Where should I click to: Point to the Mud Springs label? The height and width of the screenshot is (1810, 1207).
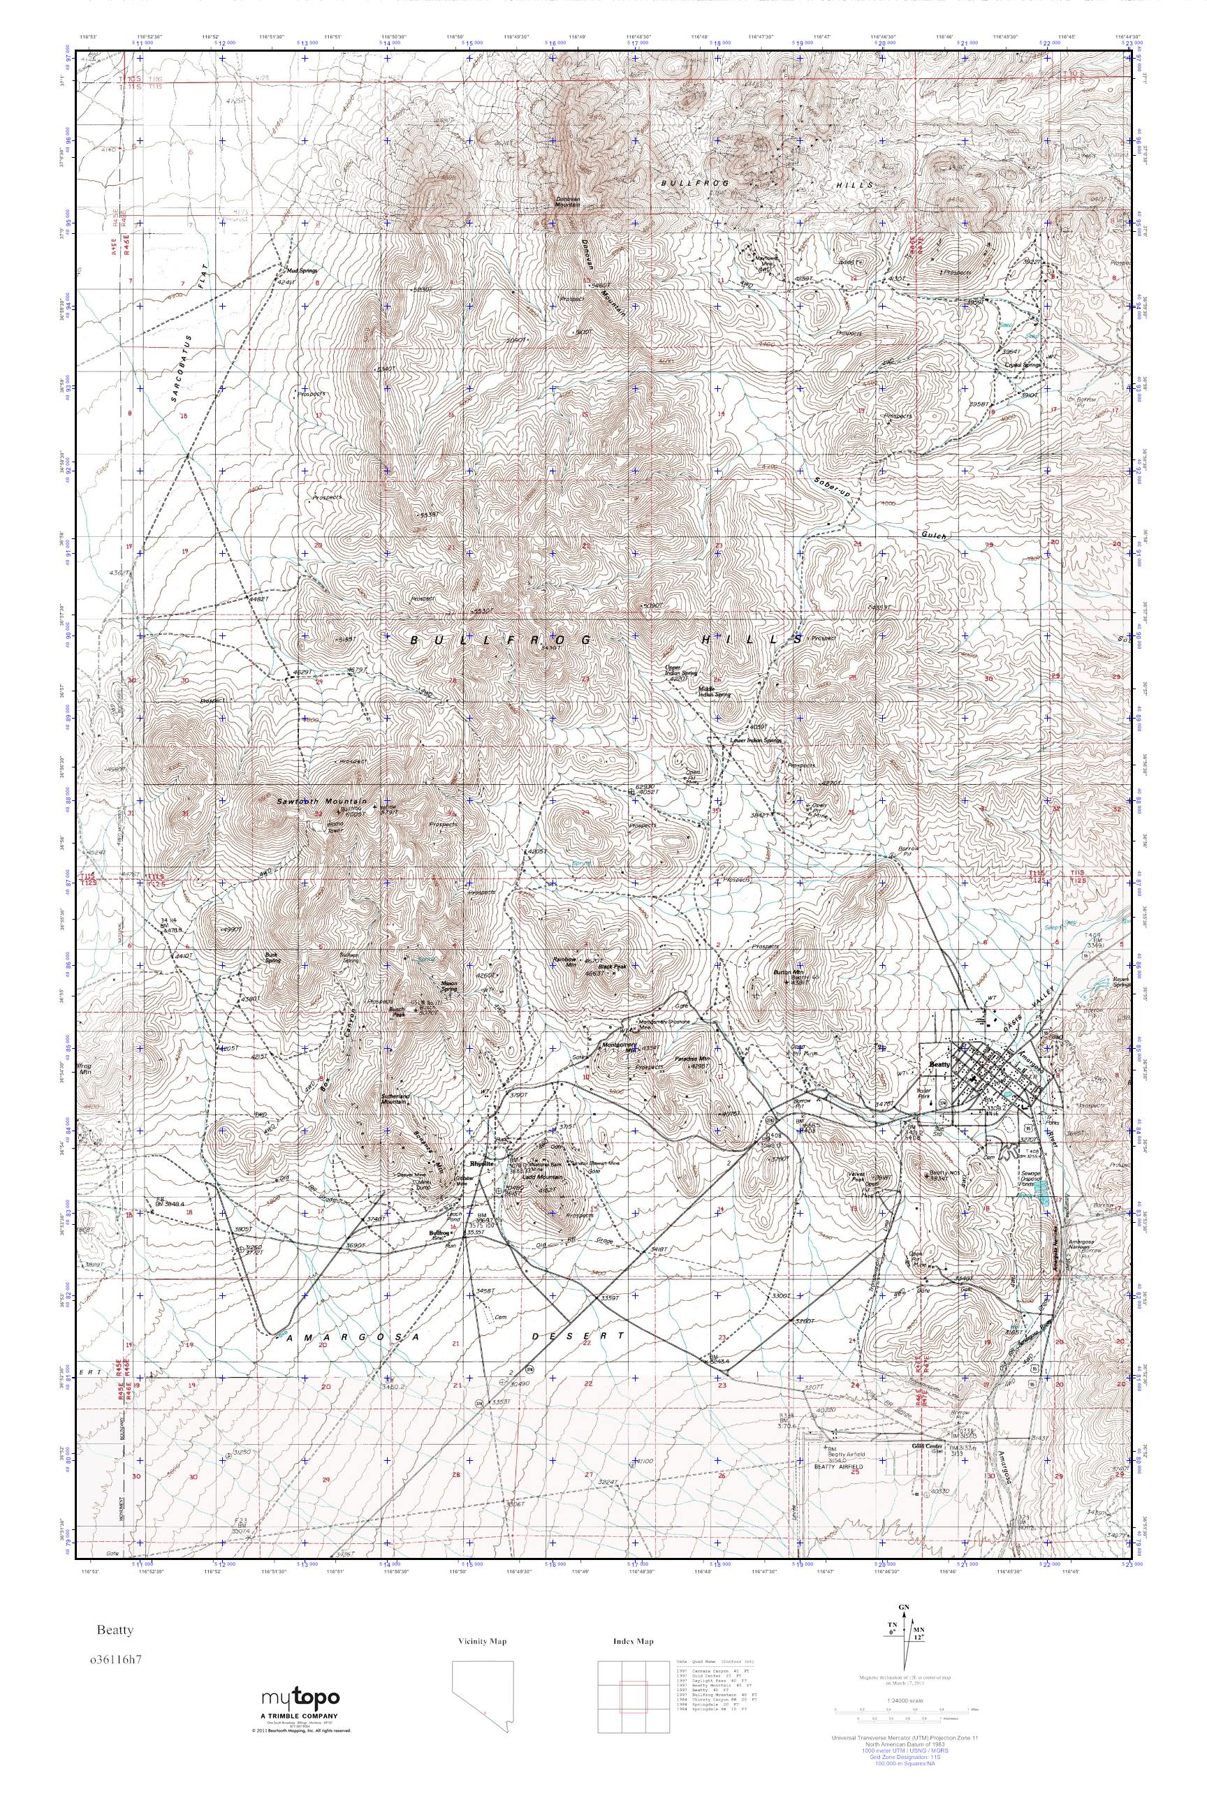point(302,271)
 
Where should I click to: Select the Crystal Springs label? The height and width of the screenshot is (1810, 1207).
point(1023,365)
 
